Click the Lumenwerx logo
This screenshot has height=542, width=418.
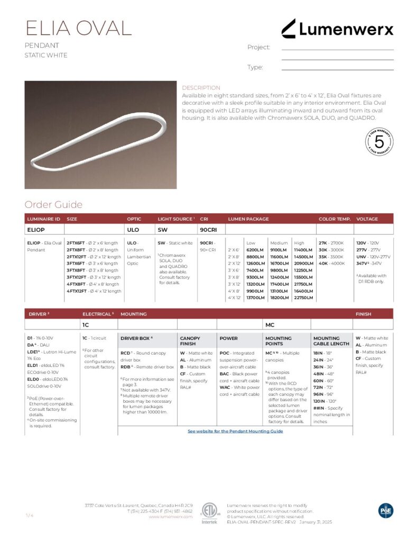(x=337, y=29)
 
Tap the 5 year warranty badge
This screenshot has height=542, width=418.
(x=379, y=141)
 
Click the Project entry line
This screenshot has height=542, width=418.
(x=337, y=49)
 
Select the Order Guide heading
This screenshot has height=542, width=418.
(x=53, y=205)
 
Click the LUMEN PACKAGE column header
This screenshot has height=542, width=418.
(x=248, y=219)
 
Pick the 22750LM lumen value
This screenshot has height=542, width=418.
(x=303, y=297)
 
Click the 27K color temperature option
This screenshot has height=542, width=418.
(x=323, y=242)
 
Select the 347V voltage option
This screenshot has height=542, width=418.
(x=361, y=263)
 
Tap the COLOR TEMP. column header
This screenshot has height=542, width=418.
(x=334, y=219)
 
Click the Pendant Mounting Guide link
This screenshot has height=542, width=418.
(x=235, y=431)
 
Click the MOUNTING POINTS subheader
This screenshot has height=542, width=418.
(x=278, y=340)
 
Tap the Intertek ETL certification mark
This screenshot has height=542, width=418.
(x=209, y=512)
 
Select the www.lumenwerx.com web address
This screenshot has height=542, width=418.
(x=170, y=517)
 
